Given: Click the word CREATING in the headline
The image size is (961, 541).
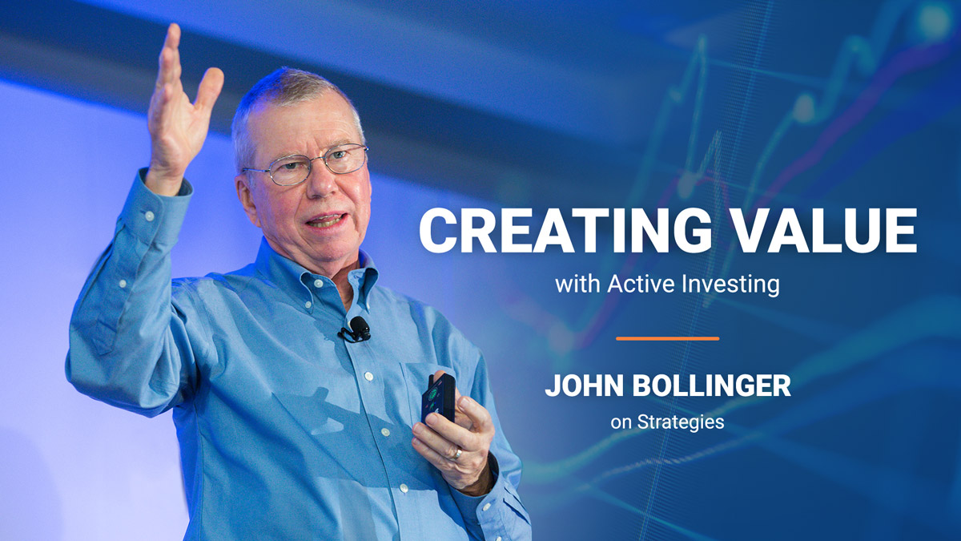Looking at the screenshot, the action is (x=566, y=231).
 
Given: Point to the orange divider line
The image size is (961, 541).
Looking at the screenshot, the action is (x=668, y=339).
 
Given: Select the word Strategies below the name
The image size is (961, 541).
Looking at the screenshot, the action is (x=681, y=422).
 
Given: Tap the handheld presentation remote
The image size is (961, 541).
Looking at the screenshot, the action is (x=438, y=398).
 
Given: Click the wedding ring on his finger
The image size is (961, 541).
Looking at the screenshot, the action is (x=456, y=454).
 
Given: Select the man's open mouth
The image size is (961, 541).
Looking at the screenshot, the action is (x=327, y=220).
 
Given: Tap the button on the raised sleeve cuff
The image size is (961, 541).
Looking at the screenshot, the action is (x=149, y=216).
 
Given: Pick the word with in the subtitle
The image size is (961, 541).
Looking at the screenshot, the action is (x=578, y=284).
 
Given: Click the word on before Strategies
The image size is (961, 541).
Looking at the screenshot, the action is (x=621, y=423).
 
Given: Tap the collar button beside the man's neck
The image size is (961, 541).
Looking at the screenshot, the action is (x=318, y=284).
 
